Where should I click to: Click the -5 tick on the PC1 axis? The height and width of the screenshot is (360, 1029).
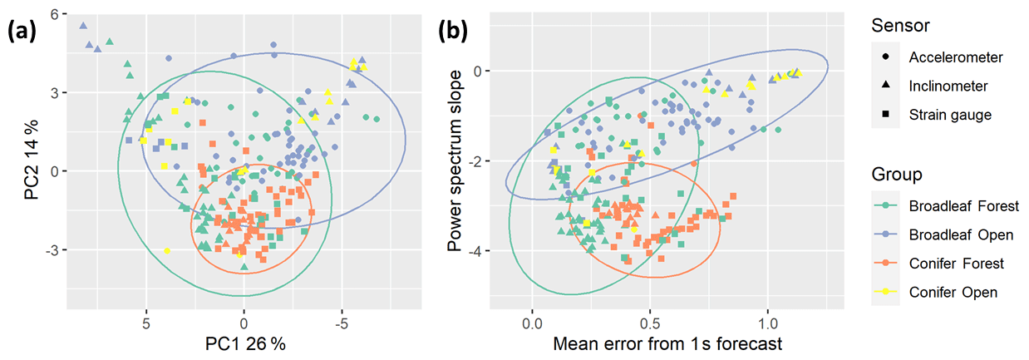pyautogui.click(x=341, y=322)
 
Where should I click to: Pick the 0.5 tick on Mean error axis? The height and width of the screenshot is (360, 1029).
pyautogui.click(x=650, y=322)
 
